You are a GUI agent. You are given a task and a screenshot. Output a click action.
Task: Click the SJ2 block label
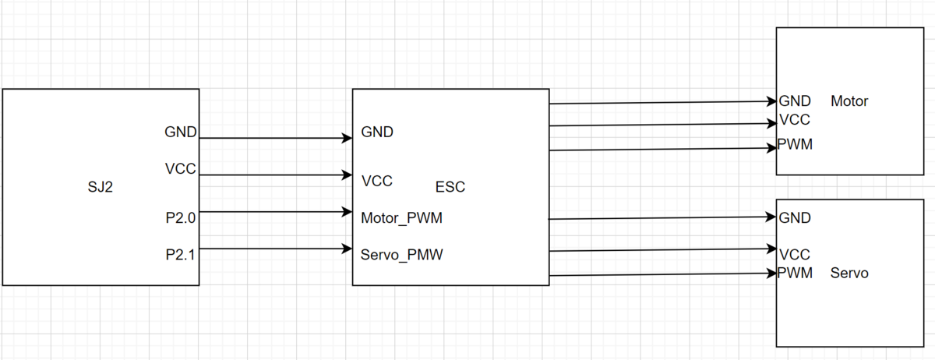pyautogui.click(x=101, y=187)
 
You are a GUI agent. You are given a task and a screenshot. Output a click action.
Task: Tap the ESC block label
pyautogui.click(x=450, y=187)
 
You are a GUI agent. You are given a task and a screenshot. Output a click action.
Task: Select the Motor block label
pyautogui.click(x=849, y=101)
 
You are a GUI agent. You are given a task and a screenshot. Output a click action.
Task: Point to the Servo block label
pyautogui.click(x=849, y=274)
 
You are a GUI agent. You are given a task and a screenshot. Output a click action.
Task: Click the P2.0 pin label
pyautogui.click(x=180, y=218)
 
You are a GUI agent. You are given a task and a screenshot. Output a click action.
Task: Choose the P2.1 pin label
pyautogui.click(x=180, y=255)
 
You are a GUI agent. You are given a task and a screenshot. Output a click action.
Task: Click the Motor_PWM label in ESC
pyautogui.click(x=401, y=218)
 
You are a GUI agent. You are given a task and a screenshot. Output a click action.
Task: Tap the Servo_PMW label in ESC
pyautogui.click(x=401, y=255)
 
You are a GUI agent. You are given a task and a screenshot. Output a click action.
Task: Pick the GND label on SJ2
pyautogui.click(x=180, y=132)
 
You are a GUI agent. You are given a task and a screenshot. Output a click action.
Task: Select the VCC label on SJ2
pyautogui.click(x=180, y=169)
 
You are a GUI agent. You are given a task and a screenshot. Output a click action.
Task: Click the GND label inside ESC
pyautogui.click(x=377, y=132)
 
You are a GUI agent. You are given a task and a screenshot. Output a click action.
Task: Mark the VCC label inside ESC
pyautogui.click(x=377, y=182)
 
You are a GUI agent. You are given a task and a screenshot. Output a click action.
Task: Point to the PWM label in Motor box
pyautogui.click(x=795, y=144)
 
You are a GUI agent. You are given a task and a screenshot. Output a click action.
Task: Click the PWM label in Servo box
pyautogui.click(x=795, y=274)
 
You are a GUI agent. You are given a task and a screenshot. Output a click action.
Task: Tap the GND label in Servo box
pyautogui.click(x=795, y=218)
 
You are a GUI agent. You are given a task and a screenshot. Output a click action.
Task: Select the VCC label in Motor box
pyautogui.click(x=795, y=120)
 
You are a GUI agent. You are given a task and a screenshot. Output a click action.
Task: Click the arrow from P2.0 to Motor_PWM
pyautogui.click(x=276, y=212)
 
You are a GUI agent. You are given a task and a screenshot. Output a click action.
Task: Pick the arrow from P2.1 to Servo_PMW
pyautogui.click(x=276, y=249)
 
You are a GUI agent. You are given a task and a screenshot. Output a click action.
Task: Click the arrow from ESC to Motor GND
pyautogui.click(x=663, y=102)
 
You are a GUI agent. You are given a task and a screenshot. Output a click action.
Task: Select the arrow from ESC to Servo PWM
pyautogui.click(x=663, y=275)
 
